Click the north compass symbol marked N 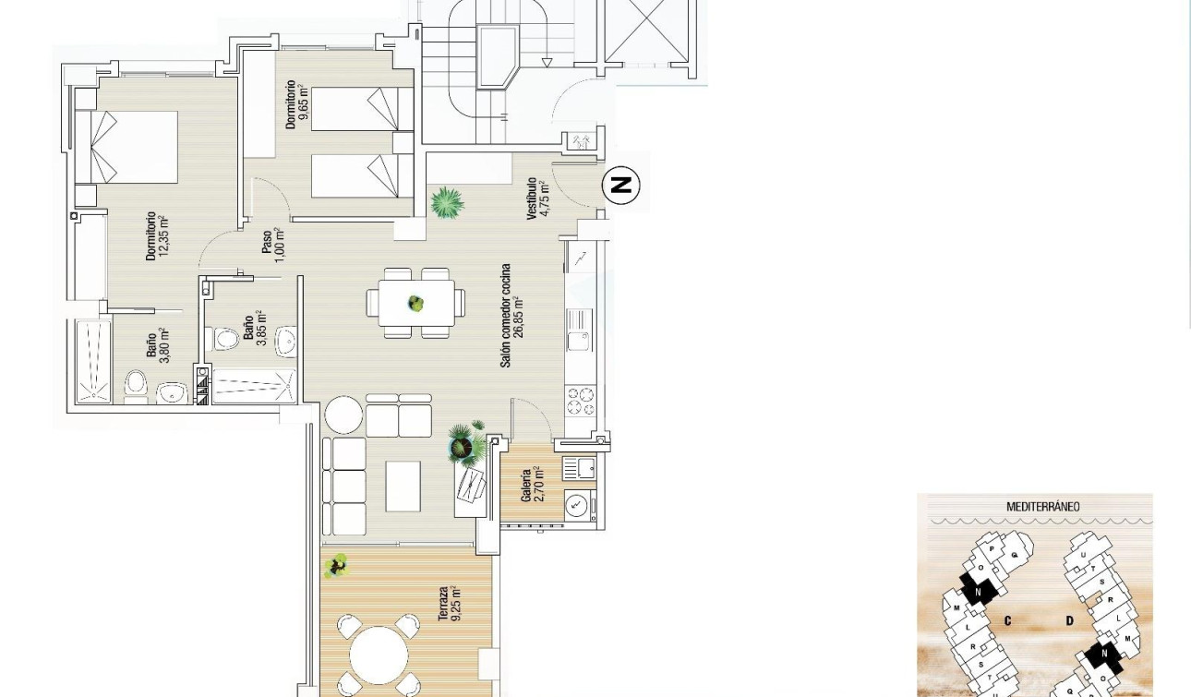[621, 186]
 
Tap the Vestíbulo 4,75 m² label [537, 198]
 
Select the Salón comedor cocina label [511, 316]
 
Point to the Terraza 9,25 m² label [450, 604]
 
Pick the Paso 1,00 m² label [272, 243]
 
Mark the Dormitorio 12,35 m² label [157, 236]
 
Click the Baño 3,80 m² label [157, 346]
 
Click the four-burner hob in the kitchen [581, 402]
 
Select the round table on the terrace [379, 654]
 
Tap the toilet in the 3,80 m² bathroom [137, 385]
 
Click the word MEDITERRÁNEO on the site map [1042, 507]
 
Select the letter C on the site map [1006, 620]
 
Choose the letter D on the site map [1069, 620]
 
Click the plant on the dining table [416, 302]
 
